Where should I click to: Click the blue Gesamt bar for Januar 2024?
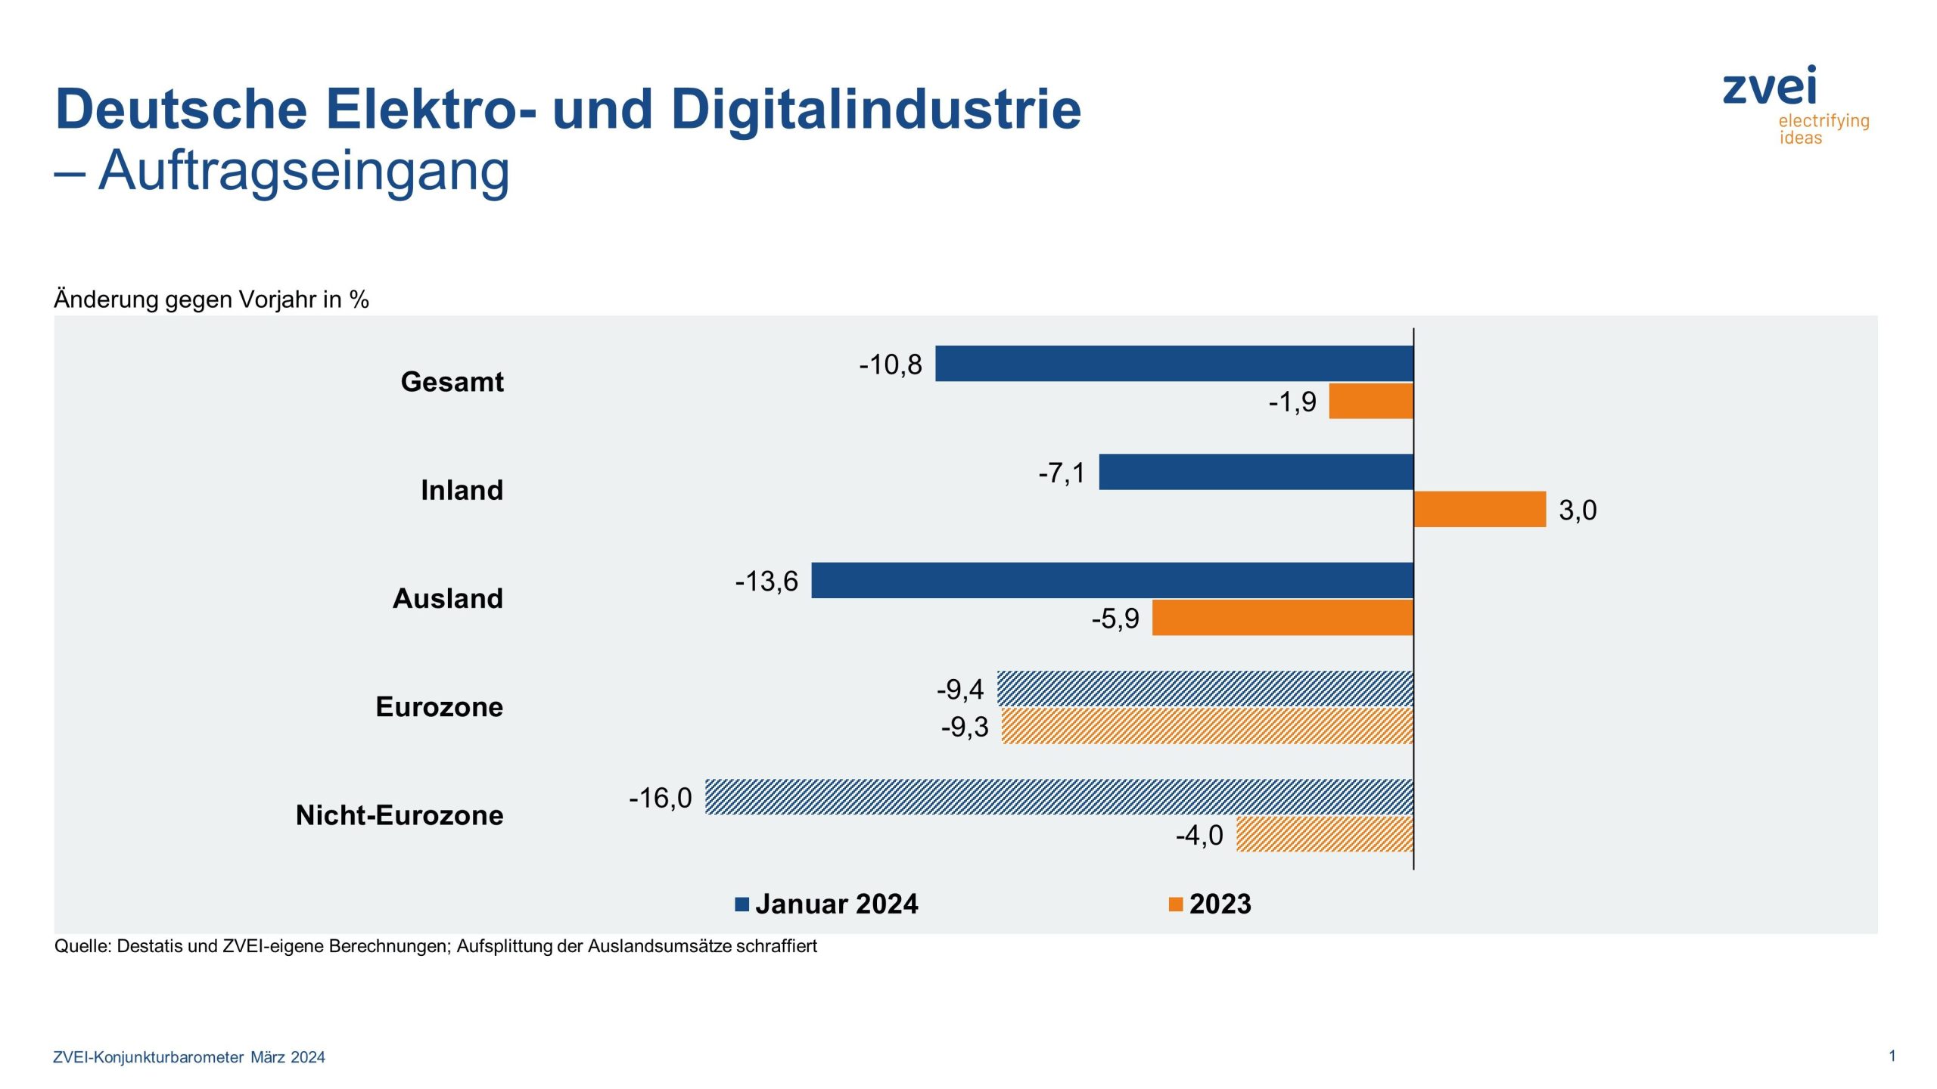click(1174, 364)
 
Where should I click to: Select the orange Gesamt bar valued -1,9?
click(1371, 402)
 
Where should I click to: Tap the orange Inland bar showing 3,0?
click(1479, 509)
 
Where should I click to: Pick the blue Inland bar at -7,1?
click(1256, 472)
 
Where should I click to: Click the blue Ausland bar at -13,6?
click(1112, 580)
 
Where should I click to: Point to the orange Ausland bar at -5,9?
click(1283, 618)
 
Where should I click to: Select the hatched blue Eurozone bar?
click(1205, 688)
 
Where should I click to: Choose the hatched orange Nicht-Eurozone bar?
click(1324, 834)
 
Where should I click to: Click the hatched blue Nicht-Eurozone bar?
click(1059, 797)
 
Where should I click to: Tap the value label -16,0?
click(661, 798)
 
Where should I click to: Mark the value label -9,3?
click(965, 727)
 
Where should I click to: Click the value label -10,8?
click(891, 365)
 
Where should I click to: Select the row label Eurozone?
click(439, 706)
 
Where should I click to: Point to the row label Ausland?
click(447, 598)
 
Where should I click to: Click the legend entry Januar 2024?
click(836, 904)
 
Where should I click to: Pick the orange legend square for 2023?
click(1175, 904)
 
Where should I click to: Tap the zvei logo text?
click(1769, 86)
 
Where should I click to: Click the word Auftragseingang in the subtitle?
click(304, 170)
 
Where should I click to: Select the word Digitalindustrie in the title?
click(875, 109)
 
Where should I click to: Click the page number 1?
click(1892, 1056)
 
